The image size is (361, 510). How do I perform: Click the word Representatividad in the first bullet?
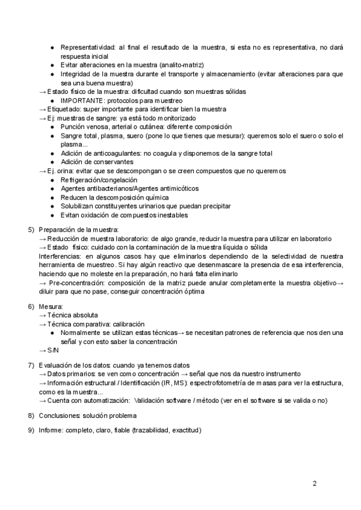click(x=88, y=47)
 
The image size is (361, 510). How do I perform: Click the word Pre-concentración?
click(x=78, y=283)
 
